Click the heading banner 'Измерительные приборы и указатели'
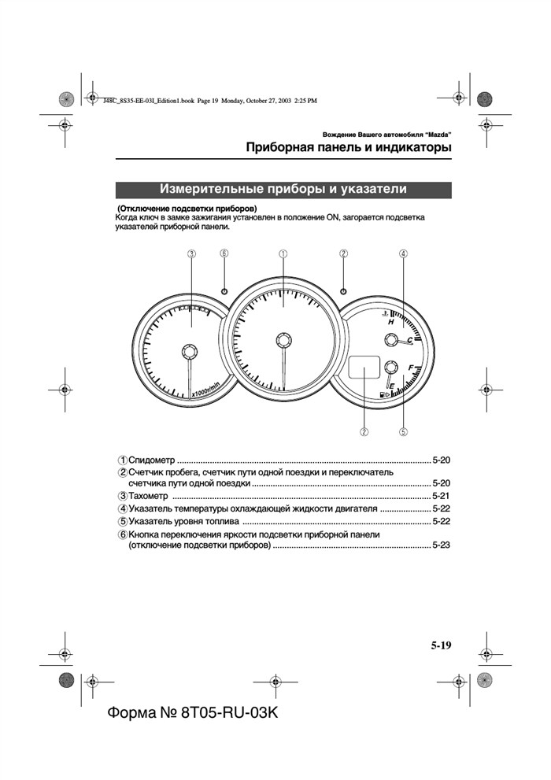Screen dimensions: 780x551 [x=283, y=190]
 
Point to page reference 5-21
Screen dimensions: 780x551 [x=441, y=497]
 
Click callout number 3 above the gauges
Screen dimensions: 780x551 [x=191, y=253]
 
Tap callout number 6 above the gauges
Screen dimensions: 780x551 [x=224, y=253]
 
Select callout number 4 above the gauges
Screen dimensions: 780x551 [x=403, y=253]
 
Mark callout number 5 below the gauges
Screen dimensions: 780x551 [x=403, y=431]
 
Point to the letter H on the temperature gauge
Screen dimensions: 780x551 [x=390, y=323]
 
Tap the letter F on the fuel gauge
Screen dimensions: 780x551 [x=411, y=368]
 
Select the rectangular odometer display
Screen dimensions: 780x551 [x=363, y=368]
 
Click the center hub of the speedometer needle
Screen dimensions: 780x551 [x=283, y=339]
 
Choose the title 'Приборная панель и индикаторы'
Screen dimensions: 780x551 [x=348, y=147]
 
